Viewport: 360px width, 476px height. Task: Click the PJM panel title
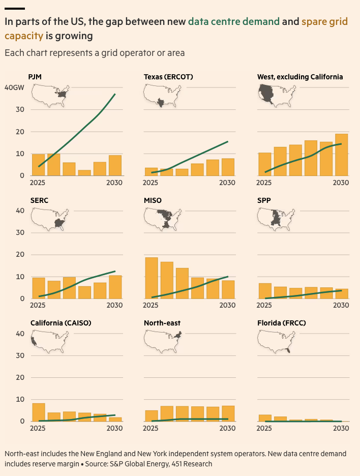36,77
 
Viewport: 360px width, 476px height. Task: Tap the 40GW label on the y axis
14,87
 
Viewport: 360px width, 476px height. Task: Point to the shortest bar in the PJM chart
84,173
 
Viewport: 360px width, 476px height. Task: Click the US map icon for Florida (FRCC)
277,341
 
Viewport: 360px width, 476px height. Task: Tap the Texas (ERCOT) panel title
168,77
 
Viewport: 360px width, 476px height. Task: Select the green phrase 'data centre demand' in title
233,21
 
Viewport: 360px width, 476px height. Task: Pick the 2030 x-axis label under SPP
340,305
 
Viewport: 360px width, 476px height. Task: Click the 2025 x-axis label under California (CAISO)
37,428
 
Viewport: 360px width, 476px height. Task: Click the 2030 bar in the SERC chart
115,287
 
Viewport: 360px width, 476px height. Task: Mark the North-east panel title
162,323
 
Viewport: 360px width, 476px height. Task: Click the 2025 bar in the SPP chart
265,291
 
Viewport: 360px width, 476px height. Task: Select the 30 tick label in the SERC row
20,232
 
